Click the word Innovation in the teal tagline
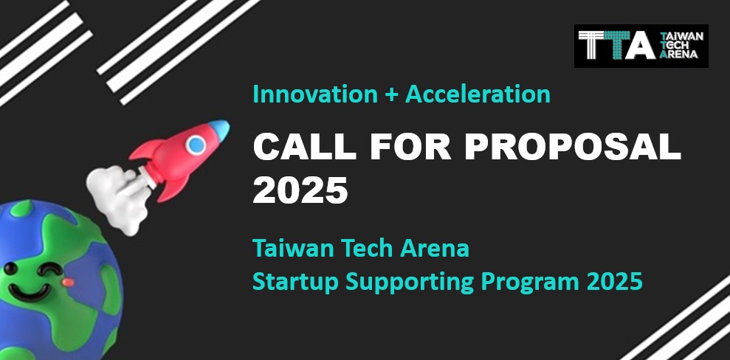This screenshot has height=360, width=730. (x=315, y=94)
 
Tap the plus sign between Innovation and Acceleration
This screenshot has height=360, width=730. (x=391, y=95)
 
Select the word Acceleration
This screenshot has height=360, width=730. (x=478, y=94)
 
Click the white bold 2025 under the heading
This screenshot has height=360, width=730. (x=300, y=190)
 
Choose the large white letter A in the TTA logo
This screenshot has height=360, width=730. (x=641, y=46)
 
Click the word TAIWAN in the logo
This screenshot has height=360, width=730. (x=681, y=37)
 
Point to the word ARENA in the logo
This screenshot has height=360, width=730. (x=679, y=54)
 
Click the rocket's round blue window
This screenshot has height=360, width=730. (x=196, y=144)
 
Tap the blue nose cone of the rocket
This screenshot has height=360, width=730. (x=219, y=129)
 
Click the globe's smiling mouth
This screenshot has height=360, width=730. (x=30, y=293)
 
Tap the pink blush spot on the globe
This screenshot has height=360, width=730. (x=68, y=282)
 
